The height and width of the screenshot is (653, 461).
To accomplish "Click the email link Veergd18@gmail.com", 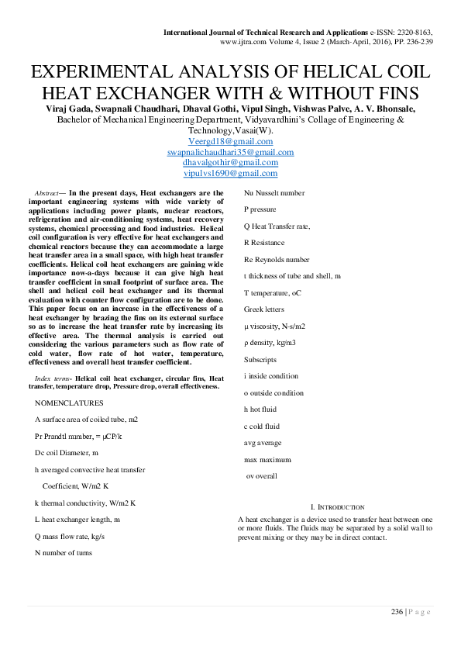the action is tap(230, 141).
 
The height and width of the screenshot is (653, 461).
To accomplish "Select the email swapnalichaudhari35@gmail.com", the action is tap(230, 152).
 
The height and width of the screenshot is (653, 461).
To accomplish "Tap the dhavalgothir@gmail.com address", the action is tap(230, 163).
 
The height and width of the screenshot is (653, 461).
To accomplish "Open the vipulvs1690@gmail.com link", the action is tap(230, 174).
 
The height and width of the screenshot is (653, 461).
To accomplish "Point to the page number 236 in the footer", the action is tap(396, 612).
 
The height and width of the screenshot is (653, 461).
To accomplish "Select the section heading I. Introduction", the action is tap(336, 506).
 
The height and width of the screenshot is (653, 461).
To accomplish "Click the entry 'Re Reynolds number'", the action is tap(276, 259).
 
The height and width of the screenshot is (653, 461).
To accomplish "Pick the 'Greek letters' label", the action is tap(263, 309).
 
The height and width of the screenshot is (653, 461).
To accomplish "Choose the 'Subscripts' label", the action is tap(260, 359).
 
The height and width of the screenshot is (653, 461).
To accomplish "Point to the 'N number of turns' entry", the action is tap(63, 553).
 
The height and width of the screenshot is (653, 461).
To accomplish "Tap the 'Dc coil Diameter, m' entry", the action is tap(67, 452).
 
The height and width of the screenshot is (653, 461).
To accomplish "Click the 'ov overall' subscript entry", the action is tap(261, 475).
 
